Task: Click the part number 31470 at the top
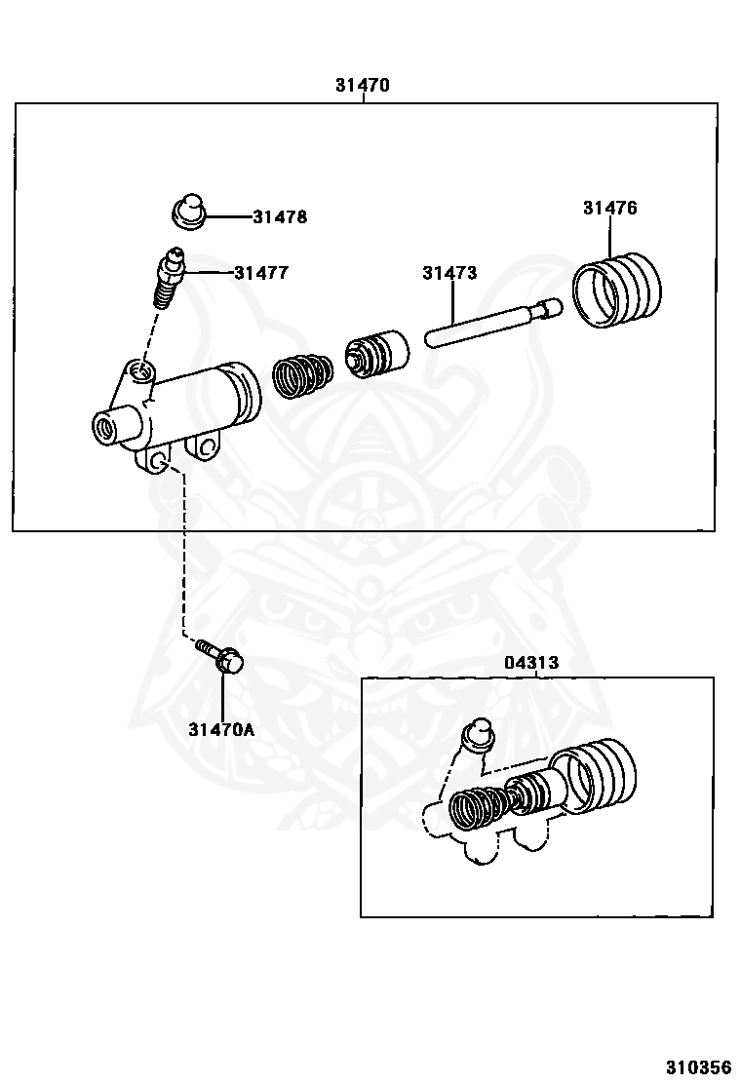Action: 362,85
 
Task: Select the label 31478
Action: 280,217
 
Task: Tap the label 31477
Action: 261,273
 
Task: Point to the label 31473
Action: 449,273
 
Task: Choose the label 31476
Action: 610,208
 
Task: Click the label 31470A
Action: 221,728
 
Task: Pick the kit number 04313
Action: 531,663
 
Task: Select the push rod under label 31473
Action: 493,324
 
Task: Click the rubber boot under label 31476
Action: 616,290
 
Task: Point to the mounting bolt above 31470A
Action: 223,660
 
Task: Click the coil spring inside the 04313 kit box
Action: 478,805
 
